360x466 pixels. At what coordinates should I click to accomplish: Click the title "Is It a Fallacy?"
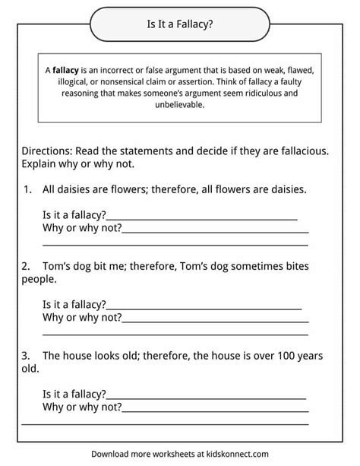[x=179, y=24]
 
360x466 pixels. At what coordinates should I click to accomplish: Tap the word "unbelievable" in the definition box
[x=179, y=106]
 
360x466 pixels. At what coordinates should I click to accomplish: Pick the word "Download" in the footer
[x=114, y=453]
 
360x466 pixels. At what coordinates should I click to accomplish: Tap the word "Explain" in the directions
[x=42, y=163]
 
